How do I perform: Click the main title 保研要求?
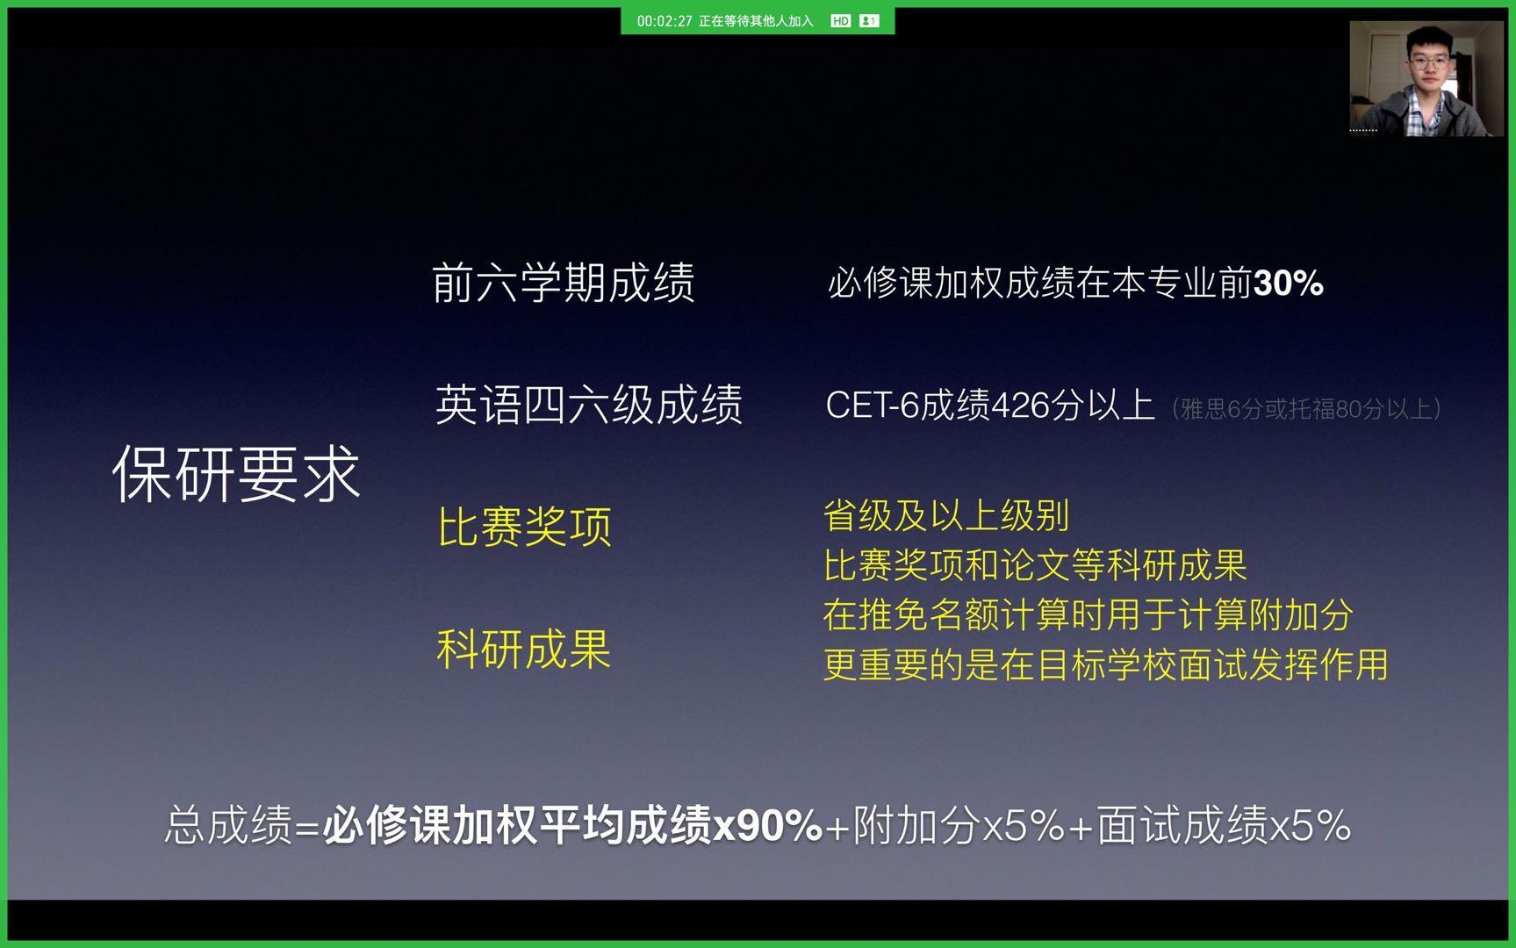[236, 473]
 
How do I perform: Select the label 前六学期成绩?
[564, 283]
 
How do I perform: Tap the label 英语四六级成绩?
[588, 405]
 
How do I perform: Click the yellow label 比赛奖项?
[524, 527]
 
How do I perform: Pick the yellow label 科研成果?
[523, 649]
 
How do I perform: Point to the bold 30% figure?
[1289, 283]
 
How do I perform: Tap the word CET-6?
[873, 406]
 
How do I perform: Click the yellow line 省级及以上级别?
[946, 516]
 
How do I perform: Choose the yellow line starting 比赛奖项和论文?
[1035, 565]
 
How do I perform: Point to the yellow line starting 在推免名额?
[1088, 614]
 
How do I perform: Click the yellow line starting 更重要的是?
[1106, 664]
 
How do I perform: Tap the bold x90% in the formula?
[768, 825]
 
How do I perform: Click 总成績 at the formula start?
[228, 825]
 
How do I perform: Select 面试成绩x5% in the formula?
[1224, 825]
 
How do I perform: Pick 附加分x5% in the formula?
[959, 825]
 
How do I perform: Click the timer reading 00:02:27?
[665, 21]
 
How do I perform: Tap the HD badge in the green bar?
[840, 21]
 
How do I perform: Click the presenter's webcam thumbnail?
[1426, 78]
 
